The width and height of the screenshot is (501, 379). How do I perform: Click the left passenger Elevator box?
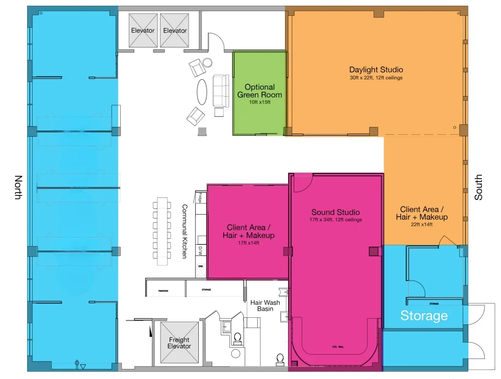[143, 31]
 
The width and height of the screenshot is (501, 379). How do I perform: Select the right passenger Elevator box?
[175, 31]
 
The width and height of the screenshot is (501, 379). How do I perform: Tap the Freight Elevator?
[179, 343]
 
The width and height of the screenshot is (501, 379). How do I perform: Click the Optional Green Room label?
[260, 91]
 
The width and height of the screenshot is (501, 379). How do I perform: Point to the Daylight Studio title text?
[376, 70]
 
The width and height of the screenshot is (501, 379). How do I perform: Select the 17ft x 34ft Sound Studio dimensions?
[335, 220]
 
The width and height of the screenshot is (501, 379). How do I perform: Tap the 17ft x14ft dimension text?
[248, 243]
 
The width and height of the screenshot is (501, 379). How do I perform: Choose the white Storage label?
[424, 316]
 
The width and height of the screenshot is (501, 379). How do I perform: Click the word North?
[18, 187]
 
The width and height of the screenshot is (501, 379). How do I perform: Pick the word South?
[478, 187]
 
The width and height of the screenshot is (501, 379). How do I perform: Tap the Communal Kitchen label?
[184, 231]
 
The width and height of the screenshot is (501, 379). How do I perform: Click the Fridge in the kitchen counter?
[200, 197]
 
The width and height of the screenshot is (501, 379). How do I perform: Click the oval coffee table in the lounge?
[203, 91]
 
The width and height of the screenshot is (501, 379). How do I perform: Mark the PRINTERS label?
[163, 291]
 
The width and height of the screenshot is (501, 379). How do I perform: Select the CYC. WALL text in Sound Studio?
[338, 347]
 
